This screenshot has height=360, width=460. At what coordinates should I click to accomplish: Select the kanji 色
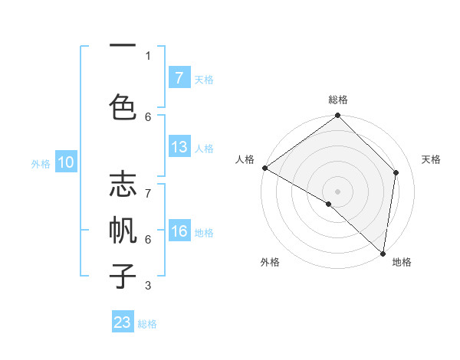tap(123, 106)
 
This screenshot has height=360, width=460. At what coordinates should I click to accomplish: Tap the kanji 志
tap(123, 186)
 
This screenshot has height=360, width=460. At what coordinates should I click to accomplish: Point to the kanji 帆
tap(123, 231)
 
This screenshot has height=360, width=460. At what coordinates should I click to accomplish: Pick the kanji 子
tap(123, 275)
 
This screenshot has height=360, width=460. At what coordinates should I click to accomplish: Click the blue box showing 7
tap(179, 77)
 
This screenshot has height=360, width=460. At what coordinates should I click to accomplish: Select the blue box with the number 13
tap(179, 147)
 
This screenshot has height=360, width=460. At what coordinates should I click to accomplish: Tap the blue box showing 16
tap(179, 231)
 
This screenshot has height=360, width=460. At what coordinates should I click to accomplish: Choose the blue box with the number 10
tap(66, 162)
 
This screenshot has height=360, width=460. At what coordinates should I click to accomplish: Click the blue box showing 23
tap(123, 322)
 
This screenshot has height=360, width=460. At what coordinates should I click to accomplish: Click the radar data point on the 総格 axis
tap(338, 116)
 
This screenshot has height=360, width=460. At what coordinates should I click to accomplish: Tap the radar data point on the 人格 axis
tap(264, 168)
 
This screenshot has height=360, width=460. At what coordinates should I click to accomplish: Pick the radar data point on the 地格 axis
tap(383, 253)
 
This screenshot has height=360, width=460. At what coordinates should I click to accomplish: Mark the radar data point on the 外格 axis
tap(329, 204)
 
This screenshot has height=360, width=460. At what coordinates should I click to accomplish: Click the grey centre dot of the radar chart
tap(338, 191)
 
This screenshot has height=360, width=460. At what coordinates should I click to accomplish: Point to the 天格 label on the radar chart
tap(431, 159)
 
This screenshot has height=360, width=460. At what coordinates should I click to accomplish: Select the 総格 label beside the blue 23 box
tap(147, 324)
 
